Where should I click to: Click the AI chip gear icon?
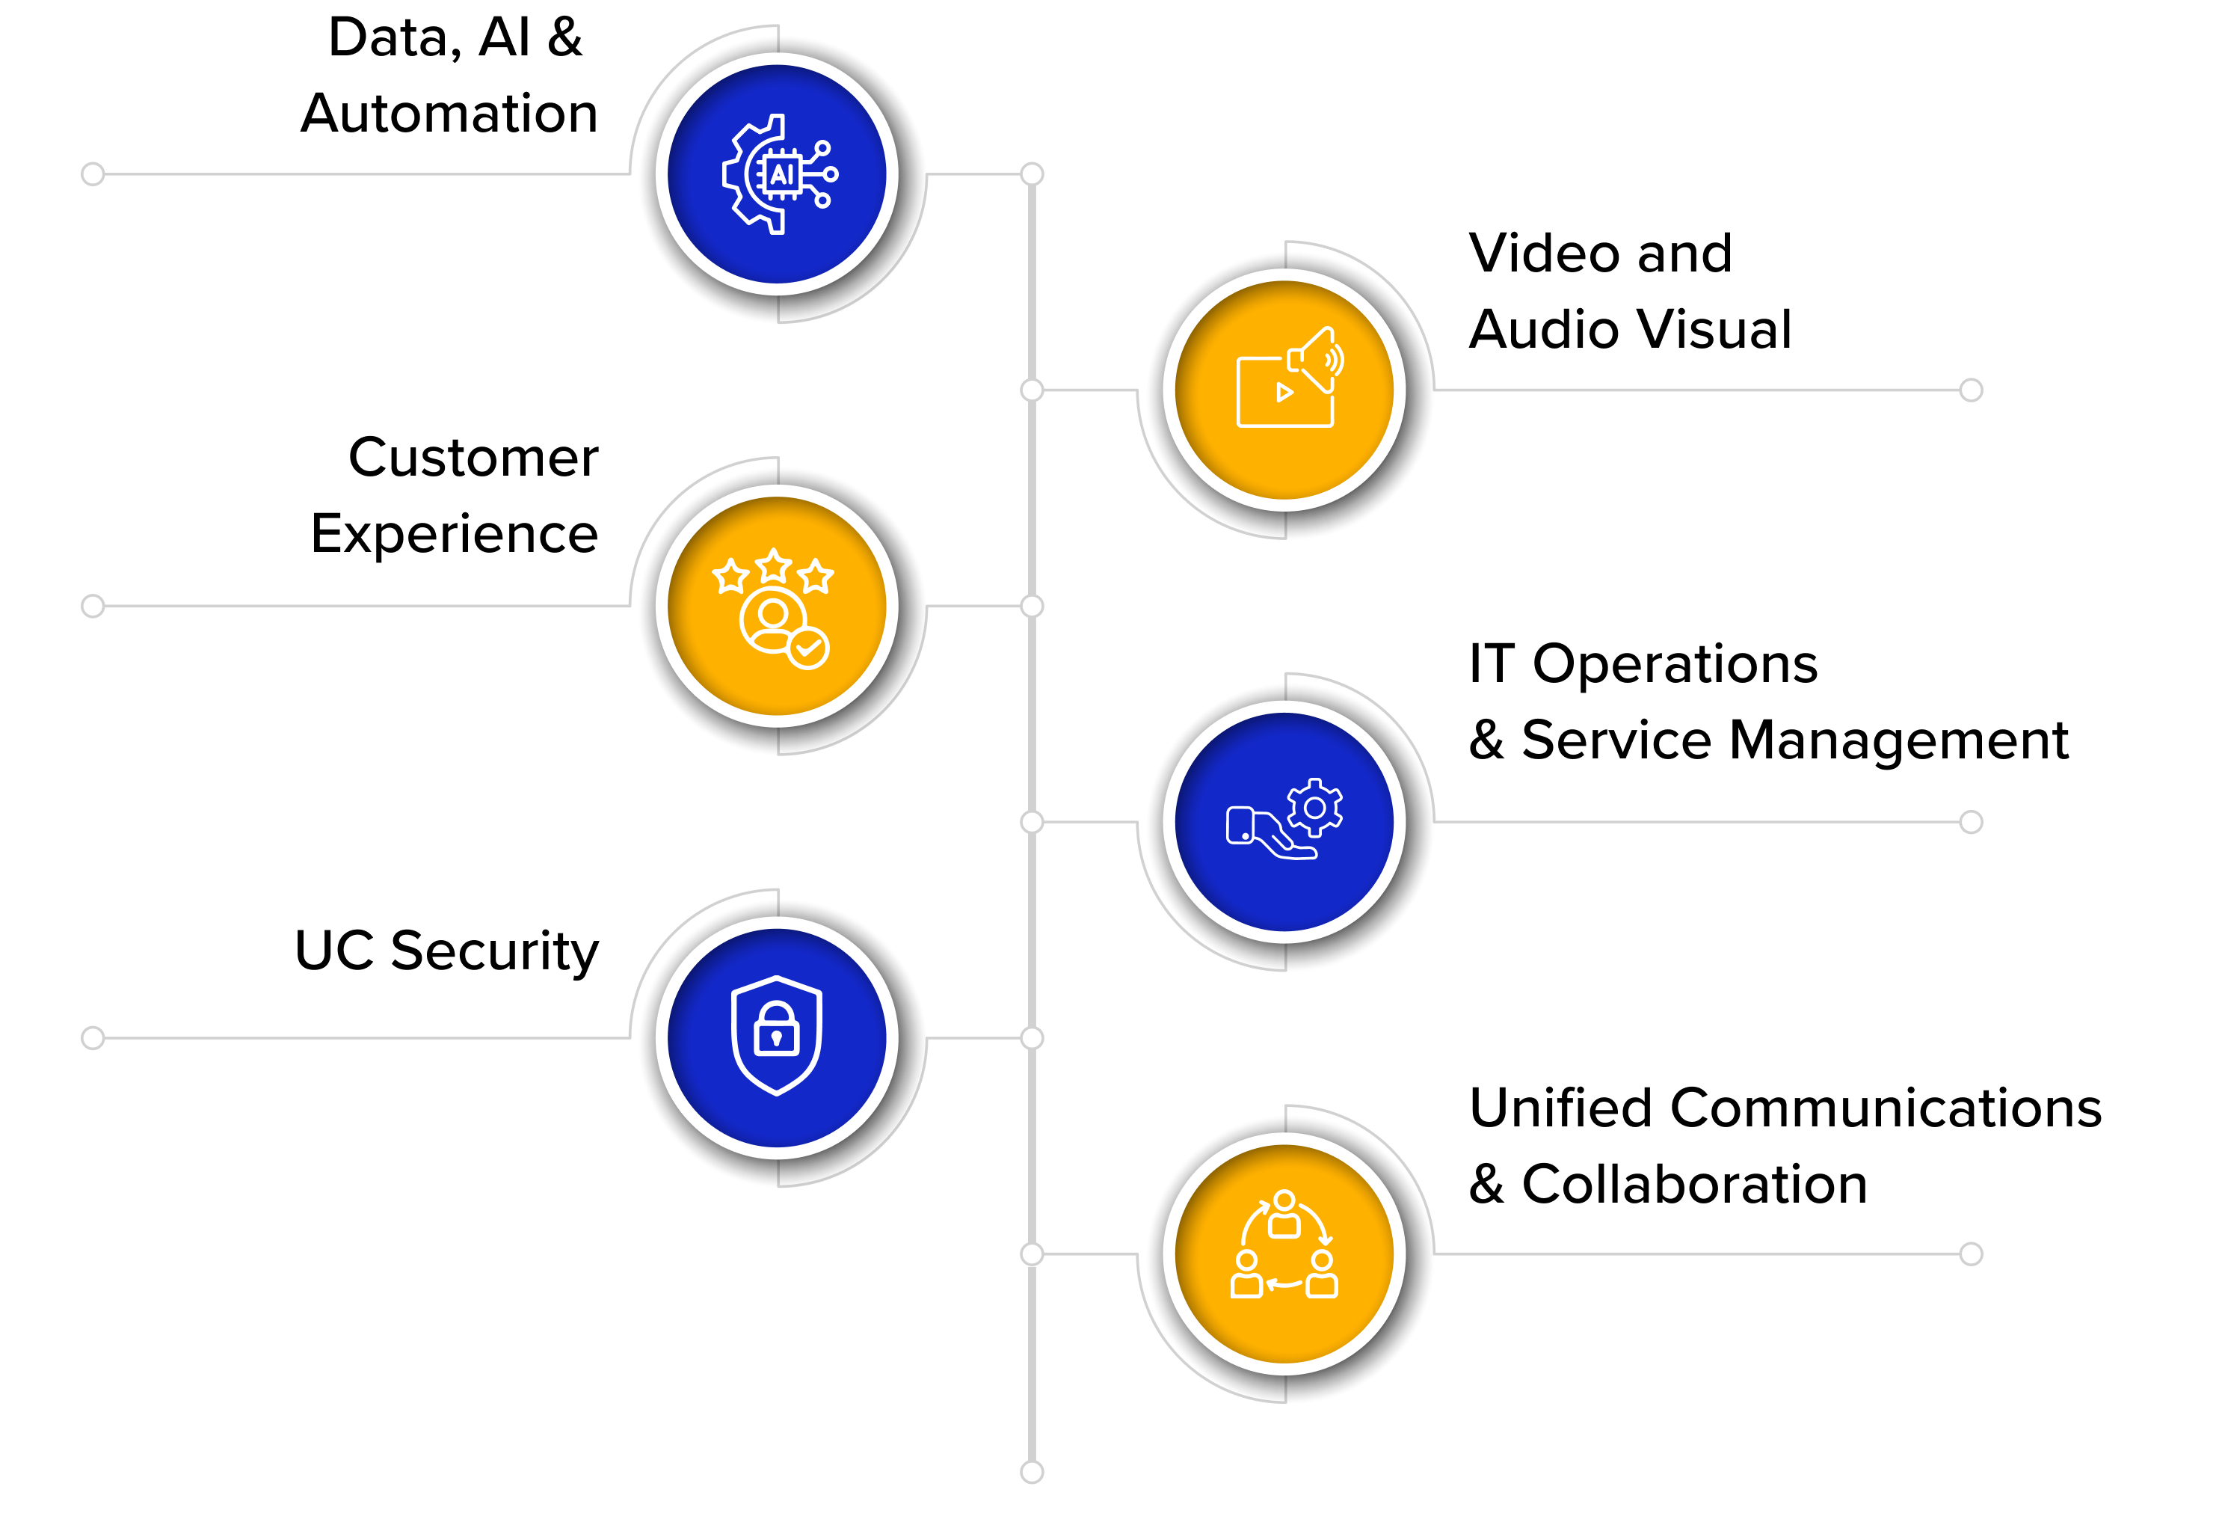[x=779, y=174]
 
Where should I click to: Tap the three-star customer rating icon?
[x=773, y=608]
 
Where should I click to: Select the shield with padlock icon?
[x=776, y=1036]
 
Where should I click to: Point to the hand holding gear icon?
[x=1284, y=819]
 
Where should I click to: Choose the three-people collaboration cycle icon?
[x=1284, y=1245]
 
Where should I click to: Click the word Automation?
[x=449, y=114]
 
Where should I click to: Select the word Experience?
[x=455, y=536]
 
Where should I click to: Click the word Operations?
[x=1675, y=665]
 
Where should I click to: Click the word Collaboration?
[x=1695, y=1184]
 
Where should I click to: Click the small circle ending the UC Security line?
[x=92, y=1038]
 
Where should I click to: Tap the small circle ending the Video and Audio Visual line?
[x=1972, y=390]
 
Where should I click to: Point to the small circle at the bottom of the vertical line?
[x=1032, y=1471]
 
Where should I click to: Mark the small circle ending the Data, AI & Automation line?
[x=92, y=174]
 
